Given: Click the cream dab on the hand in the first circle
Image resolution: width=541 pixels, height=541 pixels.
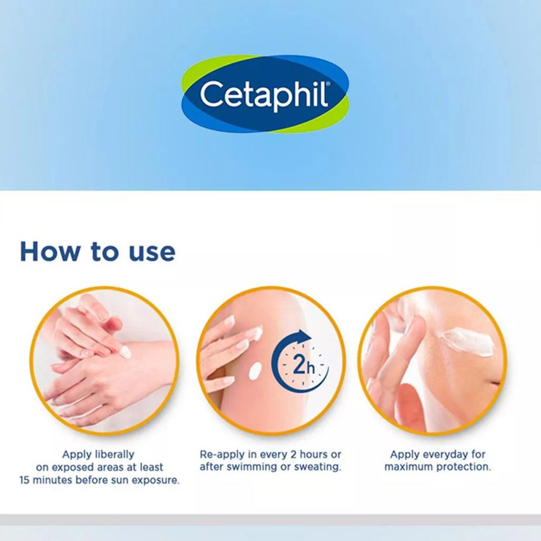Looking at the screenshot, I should (x=124, y=352).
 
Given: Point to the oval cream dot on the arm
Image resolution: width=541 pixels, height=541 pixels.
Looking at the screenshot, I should (x=255, y=371).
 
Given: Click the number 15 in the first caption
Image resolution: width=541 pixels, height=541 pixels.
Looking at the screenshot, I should (x=25, y=480).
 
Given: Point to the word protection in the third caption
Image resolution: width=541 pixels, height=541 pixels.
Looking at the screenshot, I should (x=465, y=467).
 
